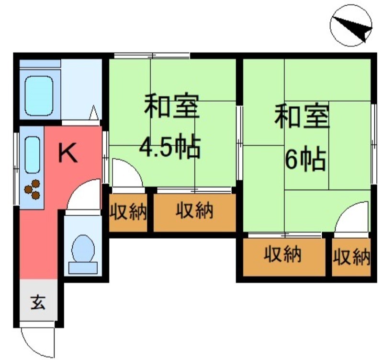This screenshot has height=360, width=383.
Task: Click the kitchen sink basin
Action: tap(32, 154)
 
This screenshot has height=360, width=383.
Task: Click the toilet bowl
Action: tap(83, 250)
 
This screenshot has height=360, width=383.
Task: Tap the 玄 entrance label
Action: tap(38, 303)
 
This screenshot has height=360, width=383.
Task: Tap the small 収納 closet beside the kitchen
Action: tap(128, 212)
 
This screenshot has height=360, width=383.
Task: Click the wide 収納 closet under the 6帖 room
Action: tap(283, 255)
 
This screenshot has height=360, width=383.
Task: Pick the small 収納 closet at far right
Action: tap(352, 257)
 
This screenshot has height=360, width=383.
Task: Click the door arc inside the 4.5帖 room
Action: tap(125, 174)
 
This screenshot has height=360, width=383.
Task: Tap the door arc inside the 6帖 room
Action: tap(353, 218)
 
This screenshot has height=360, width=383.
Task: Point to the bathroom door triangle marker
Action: tap(94, 114)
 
